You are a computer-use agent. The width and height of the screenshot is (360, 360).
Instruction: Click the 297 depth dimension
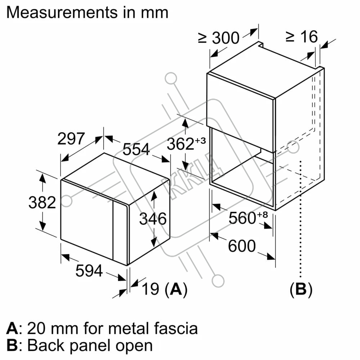click(x=71, y=139)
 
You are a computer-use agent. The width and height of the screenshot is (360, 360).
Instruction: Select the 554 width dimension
click(x=136, y=149)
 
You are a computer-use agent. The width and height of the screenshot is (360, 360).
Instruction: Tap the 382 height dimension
click(x=42, y=202)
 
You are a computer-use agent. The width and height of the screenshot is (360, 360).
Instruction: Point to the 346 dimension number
click(x=153, y=219)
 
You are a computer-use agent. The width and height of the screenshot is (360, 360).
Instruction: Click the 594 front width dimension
click(x=89, y=271)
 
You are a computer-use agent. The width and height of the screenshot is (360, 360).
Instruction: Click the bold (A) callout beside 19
click(x=176, y=289)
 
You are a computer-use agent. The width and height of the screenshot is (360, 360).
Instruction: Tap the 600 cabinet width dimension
click(x=242, y=246)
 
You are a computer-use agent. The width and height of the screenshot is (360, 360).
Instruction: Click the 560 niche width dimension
click(x=242, y=218)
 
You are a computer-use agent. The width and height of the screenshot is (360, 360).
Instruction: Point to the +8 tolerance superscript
click(x=262, y=215)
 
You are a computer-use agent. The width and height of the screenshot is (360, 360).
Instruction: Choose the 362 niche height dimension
click(x=180, y=144)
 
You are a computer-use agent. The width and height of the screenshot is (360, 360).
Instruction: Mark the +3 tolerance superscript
click(x=201, y=140)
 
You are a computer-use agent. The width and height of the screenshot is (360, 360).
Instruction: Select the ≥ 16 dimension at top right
click(x=302, y=36)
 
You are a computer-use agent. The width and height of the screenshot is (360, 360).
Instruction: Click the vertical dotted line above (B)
click(x=300, y=219)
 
